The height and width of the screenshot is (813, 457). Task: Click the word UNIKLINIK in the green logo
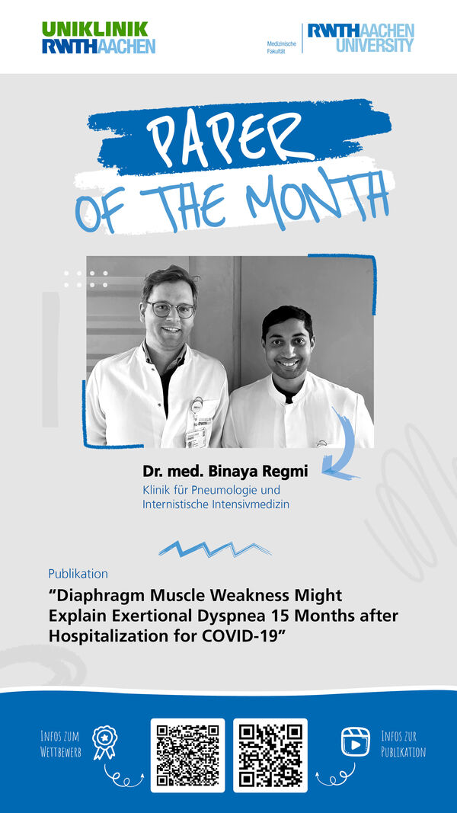point(94,29)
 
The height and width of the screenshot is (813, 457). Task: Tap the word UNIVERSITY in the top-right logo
point(375,45)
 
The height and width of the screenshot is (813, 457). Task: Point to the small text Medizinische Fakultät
point(281,48)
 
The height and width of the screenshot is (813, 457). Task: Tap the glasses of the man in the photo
point(171,309)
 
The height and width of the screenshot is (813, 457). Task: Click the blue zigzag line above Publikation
point(215,549)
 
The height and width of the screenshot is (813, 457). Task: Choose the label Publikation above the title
point(78,574)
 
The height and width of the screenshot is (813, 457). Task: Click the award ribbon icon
point(105,742)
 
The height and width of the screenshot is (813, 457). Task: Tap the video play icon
point(356,741)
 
